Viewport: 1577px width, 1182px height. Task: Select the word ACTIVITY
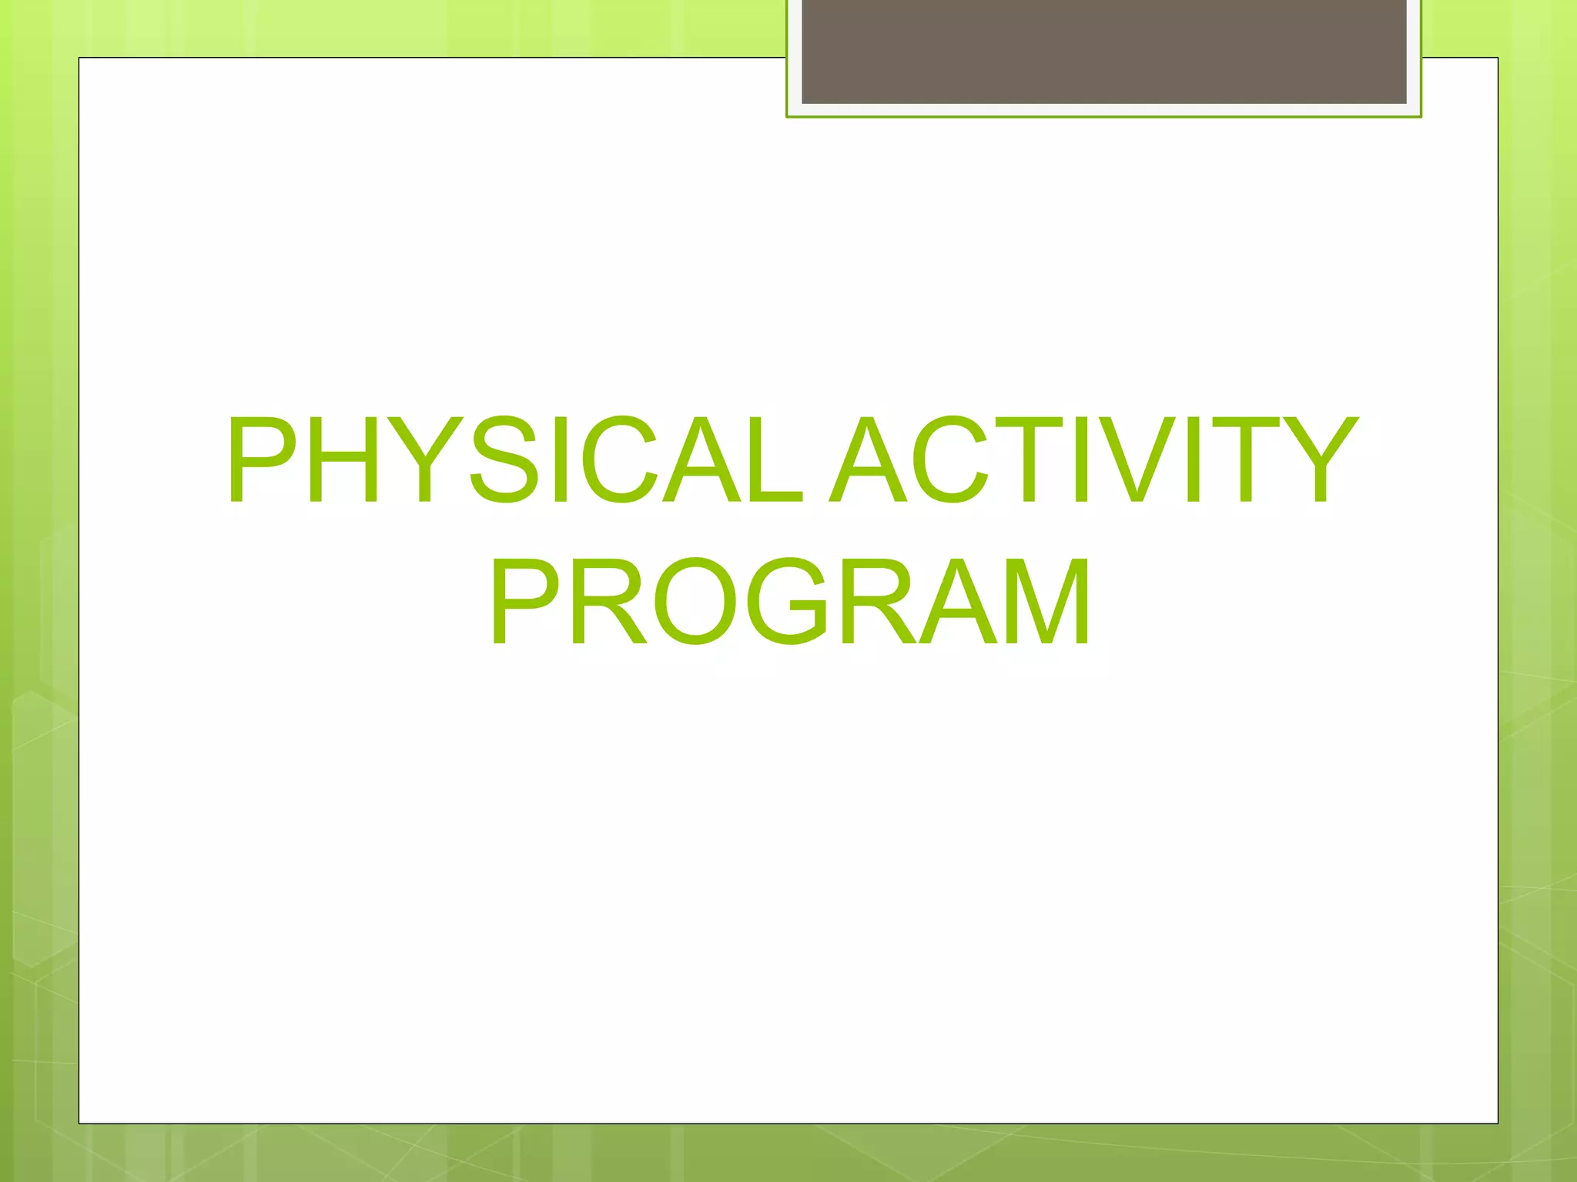[1093, 459]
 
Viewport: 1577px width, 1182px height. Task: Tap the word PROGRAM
[790, 601]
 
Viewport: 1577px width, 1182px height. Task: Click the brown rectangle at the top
[1103, 52]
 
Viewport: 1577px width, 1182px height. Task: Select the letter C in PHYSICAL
[618, 459]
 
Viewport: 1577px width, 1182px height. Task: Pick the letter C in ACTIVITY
[950, 459]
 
